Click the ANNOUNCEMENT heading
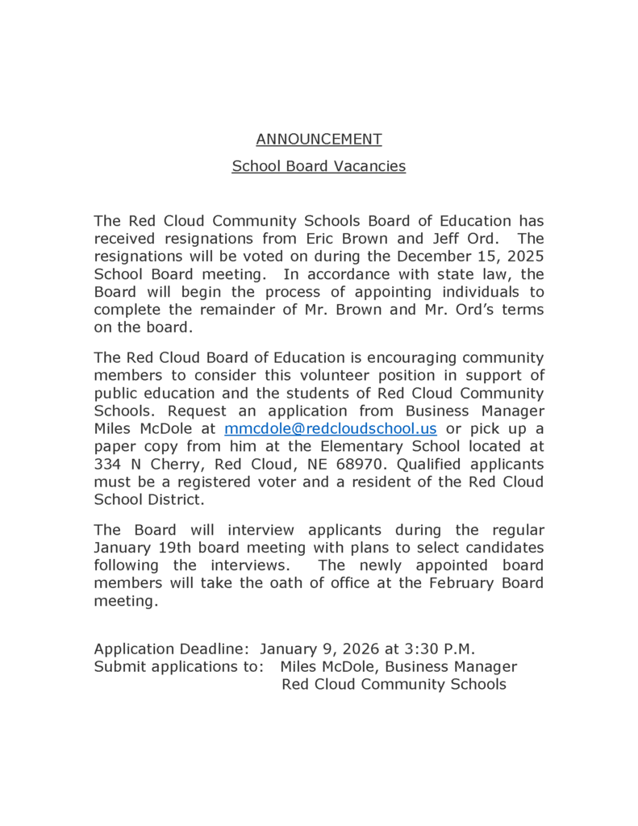coord(319,139)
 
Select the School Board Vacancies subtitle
coord(319,166)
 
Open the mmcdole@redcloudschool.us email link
coord(330,428)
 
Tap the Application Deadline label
coord(173,649)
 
